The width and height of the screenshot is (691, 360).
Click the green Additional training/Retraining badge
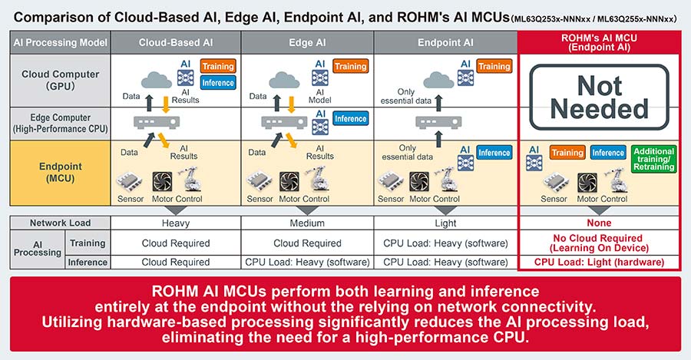point(654,159)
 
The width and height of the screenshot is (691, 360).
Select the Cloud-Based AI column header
point(176,43)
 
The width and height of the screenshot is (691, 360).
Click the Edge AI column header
point(307,43)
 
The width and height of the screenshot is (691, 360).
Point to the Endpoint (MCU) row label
point(61,173)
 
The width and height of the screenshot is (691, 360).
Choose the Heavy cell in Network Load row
point(176,223)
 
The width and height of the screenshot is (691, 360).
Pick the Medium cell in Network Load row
point(307,223)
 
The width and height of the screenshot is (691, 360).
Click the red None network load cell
point(599,223)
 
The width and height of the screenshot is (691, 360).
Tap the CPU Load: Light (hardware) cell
point(599,263)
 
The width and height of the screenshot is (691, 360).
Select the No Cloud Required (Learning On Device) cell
point(599,243)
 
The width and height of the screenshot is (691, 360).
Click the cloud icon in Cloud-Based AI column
point(157,80)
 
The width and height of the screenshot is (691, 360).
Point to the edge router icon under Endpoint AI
point(438,122)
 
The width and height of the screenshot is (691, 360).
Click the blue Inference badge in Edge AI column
point(350,118)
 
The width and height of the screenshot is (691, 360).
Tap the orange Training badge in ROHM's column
point(567,153)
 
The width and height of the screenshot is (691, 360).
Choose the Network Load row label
point(61,223)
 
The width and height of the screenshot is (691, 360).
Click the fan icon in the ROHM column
point(587,183)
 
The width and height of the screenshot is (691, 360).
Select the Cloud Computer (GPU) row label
point(61,80)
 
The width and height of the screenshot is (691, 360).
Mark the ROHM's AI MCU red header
point(599,43)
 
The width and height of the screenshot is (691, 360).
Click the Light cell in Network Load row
point(445,223)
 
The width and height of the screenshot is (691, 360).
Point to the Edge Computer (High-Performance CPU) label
point(61,124)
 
